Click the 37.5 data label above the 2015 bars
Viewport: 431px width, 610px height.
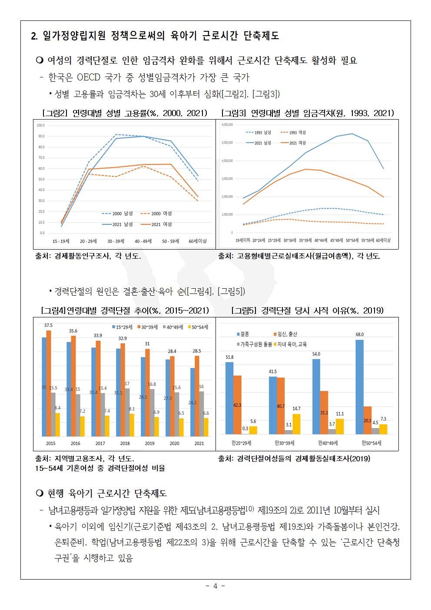(49, 326)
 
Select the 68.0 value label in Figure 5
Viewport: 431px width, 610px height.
(360, 335)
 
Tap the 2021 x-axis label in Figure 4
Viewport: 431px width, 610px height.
(199, 443)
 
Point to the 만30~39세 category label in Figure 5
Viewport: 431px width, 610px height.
(285, 443)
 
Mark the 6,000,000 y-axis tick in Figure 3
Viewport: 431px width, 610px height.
(227, 124)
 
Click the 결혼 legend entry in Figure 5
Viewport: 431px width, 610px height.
(243, 334)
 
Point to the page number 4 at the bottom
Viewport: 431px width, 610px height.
(215, 586)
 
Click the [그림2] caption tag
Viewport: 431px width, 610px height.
(56, 113)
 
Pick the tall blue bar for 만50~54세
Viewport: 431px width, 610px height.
(360, 387)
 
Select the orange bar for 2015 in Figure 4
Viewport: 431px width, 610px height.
(49, 383)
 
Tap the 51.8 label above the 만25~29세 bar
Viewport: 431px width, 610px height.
(229, 357)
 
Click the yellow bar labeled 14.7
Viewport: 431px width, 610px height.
(296, 424)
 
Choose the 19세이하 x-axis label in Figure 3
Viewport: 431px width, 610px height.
(242, 240)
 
